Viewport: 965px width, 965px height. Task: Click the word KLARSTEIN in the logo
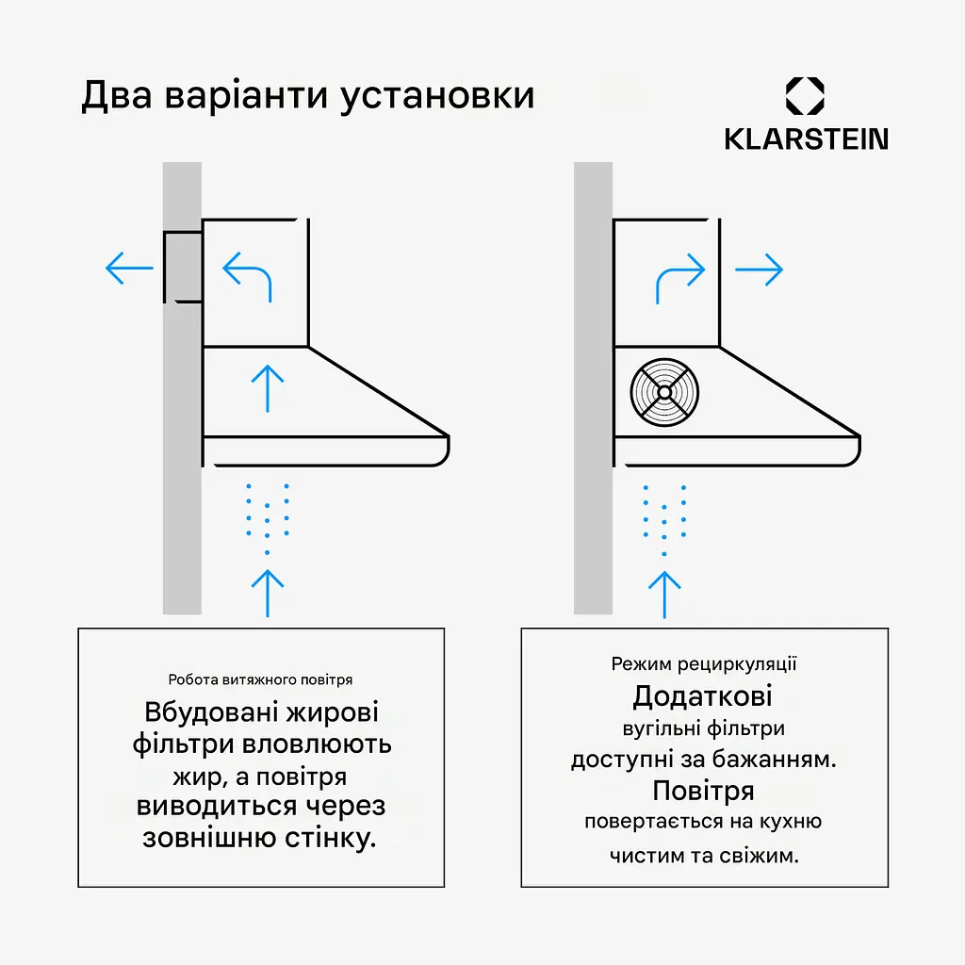pyautogui.click(x=807, y=139)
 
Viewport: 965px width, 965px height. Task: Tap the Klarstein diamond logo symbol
pyautogui.click(x=805, y=96)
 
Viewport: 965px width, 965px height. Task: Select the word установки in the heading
pyautogui.click(x=437, y=97)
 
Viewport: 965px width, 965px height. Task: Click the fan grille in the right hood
pyautogui.click(x=664, y=392)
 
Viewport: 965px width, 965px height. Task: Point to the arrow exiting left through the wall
pyautogui.click(x=129, y=268)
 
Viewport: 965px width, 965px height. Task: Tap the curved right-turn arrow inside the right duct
pyautogui.click(x=680, y=278)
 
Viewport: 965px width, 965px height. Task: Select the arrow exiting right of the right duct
pyautogui.click(x=759, y=269)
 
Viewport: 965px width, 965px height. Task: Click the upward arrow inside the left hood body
pyautogui.click(x=268, y=388)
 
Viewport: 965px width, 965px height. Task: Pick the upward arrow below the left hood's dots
pyautogui.click(x=268, y=594)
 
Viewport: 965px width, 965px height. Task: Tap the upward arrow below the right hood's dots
pyautogui.click(x=664, y=596)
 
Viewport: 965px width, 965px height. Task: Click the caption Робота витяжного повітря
pyautogui.click(x=260, y=679)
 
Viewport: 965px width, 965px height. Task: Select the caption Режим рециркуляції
pyautogui.click(x=704, y=664)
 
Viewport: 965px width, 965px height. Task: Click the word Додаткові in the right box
pyautogui.click(x=702, y=696)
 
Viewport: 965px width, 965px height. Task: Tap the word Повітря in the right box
pyautogui.click(x=703, y=791)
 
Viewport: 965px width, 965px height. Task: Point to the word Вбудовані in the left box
pyautogui.click(x=208, y=712)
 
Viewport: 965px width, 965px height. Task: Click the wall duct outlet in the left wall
pyautogui.click(x=183, y=267)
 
